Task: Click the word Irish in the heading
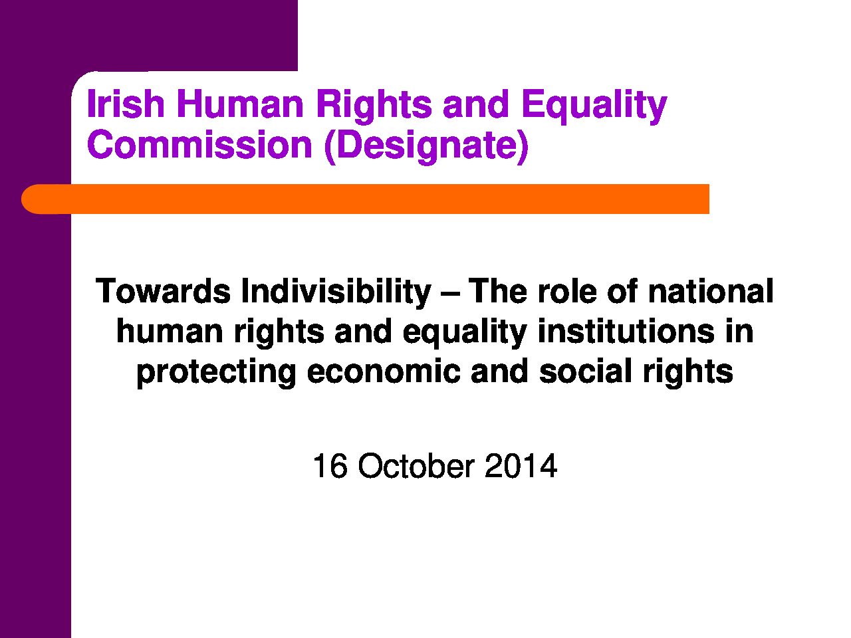click(x=126, y=104)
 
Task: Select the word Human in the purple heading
click(x=241, y=104)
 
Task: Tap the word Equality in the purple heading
click(x=594, y=107)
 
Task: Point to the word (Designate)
click(x=426, y=147)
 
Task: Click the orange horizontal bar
click(x=365, y=199)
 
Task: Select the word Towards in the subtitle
click(x=164, y=291)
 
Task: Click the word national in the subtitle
click(x=711, y=290)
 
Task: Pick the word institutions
click(x=626, y=331)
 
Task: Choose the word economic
click(x=384, y=372)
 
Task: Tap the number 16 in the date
click(x=330, y=466)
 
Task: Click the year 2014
click(x=521, y=466)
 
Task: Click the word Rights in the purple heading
click(x=374, y=107)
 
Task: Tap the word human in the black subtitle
click(x=170, y=331)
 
